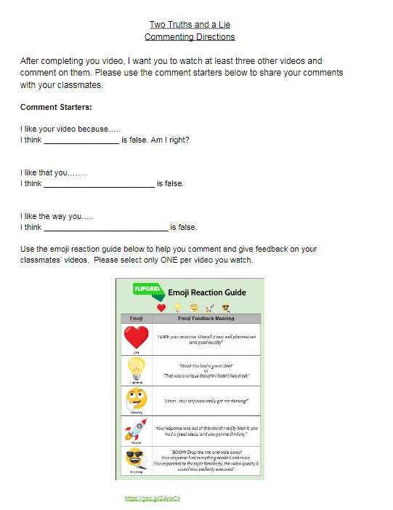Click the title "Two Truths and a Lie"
click(x=189, y=24)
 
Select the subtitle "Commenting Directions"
click(x=189, y=36)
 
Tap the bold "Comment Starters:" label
click(x=56, y=107)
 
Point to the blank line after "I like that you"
click(x=99, y=185)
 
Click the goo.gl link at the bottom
click(x=153, y=498)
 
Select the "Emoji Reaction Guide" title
click(x=207, y=292)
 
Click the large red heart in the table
click(x=136, y=338)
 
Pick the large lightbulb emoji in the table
click(x=136, y=369)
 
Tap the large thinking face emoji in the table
click(x=136, y=399)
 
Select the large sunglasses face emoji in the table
click(x=136, y=459)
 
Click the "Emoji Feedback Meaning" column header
click(x=207, y=319)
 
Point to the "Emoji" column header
click(x=136, y=319)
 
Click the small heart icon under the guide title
click(x=161, y=308)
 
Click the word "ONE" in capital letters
click(x=180, y=260)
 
